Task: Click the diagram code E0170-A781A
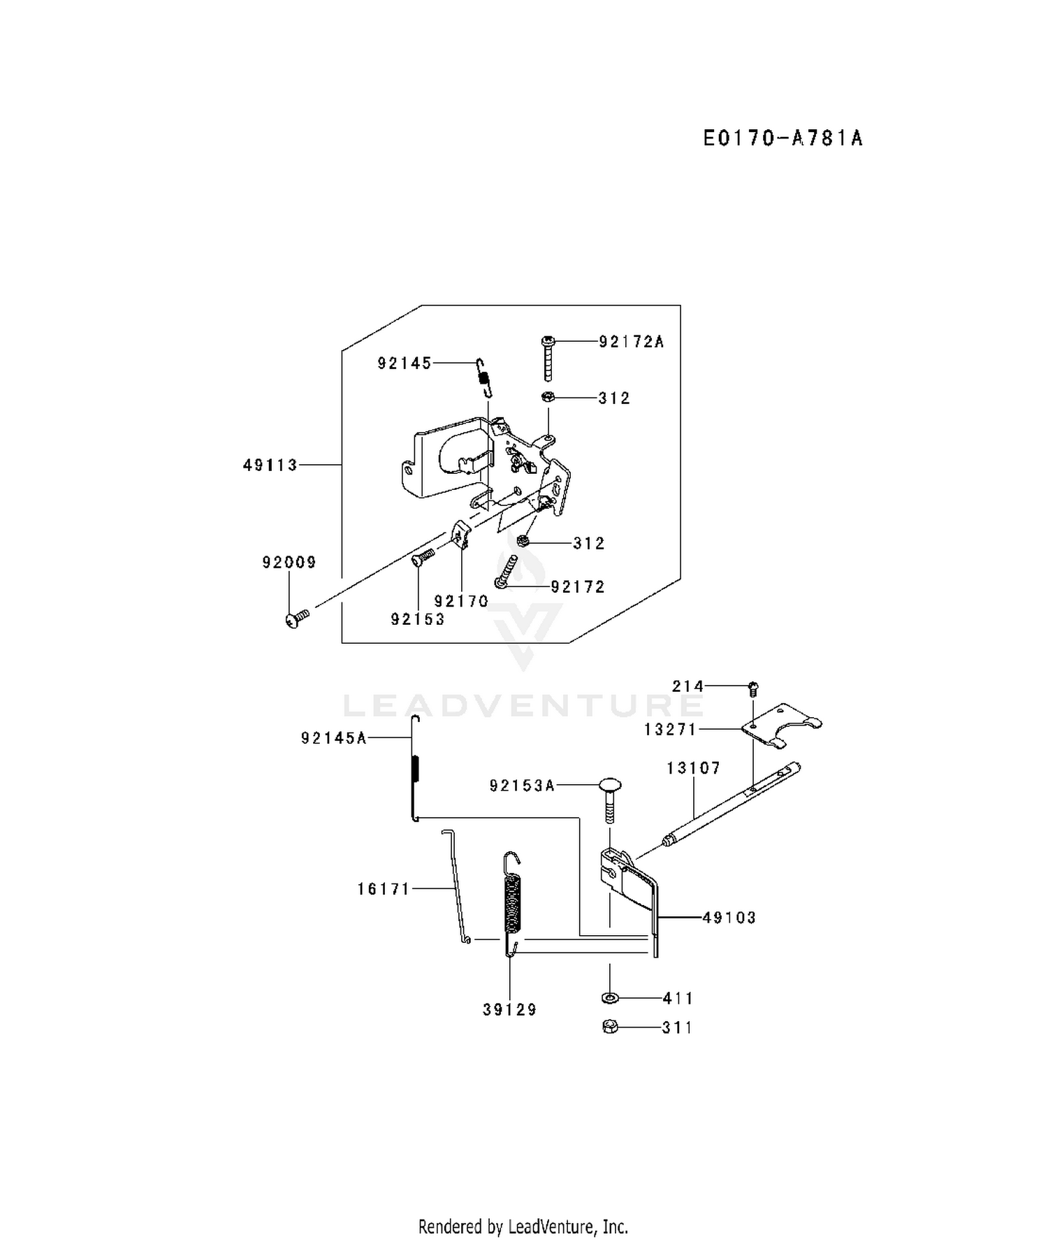click(783, 138)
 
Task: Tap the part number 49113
click(270, 465)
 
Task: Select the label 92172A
click(631, 342)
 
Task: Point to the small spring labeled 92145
click(483, 377)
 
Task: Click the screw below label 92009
click(296, 617)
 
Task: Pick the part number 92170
click(461, 601)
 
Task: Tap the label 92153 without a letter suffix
click(418, 619)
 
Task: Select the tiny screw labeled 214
click(753, 689)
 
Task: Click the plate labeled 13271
click(781, 726)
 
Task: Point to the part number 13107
click(693, 768)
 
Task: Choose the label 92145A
click(334, 738)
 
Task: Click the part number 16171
click(384, 889)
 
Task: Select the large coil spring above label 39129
click(513, 903)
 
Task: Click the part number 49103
click(729, 918)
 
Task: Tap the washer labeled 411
click(609, 997)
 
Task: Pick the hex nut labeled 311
click(610, 1027)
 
